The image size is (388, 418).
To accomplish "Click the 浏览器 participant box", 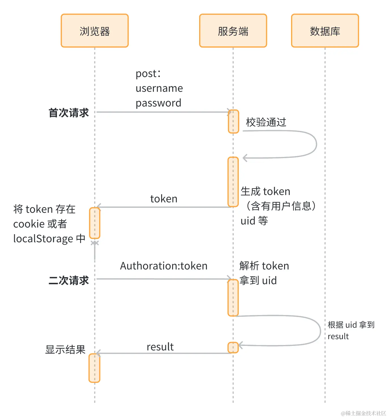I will (95, 31).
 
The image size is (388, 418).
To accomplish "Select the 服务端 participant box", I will (233, 31).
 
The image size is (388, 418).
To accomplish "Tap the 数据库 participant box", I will (325, 31).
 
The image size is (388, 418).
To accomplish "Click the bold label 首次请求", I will (69, 113).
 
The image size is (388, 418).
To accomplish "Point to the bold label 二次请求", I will (69, 281).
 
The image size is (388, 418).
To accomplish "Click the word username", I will (159, 88).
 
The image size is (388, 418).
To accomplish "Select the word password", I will (158, 103).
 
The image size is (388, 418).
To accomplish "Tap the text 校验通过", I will (266, 122).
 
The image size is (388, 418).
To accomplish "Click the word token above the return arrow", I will (164, 199).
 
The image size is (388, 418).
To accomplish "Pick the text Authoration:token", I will (164, 266).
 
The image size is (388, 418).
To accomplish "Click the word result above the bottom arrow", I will (160, 347).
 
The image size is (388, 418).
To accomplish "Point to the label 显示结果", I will (65, 350).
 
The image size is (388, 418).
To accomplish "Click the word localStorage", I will (43, 239).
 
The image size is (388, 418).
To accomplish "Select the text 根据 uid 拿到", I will (351, 325).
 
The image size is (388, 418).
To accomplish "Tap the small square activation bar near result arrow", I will (233, 348).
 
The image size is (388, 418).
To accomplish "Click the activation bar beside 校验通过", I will (233, 122).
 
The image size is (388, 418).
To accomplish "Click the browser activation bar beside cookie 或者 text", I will (95, 223).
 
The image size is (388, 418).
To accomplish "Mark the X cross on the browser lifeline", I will (95, 243).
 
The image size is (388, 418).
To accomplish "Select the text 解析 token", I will (264, 266).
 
